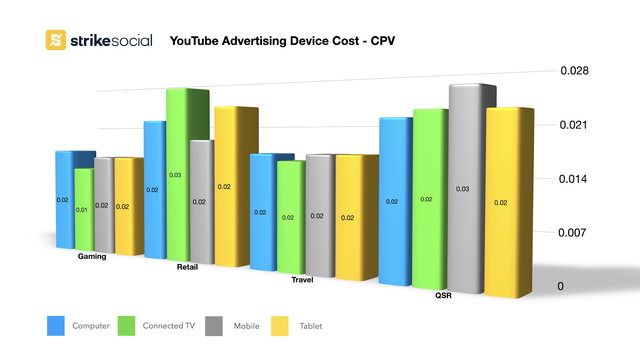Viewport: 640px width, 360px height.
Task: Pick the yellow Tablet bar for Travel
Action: pos(349,218)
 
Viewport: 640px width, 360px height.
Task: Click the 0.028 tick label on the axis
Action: pos(574,71)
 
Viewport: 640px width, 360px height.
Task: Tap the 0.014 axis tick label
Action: pos(573,179)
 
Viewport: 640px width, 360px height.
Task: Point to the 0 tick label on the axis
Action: pos(560,286)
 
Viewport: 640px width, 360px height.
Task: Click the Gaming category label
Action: pos(92,256)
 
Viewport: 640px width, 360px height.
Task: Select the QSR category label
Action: pos(443,296)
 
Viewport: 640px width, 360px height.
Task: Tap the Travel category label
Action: pos(302,280)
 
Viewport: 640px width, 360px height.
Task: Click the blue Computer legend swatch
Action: pos(56,326)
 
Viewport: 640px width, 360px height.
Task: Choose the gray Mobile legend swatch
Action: pos(214,326)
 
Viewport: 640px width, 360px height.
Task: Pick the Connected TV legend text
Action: pos(168,326)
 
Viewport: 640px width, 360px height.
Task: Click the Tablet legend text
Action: pos(311,326)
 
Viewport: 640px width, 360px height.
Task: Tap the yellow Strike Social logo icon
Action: pos(56,40)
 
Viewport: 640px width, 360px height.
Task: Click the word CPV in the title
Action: pos(383,41)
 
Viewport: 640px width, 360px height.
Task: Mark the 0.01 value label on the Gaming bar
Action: pos(82,210)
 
